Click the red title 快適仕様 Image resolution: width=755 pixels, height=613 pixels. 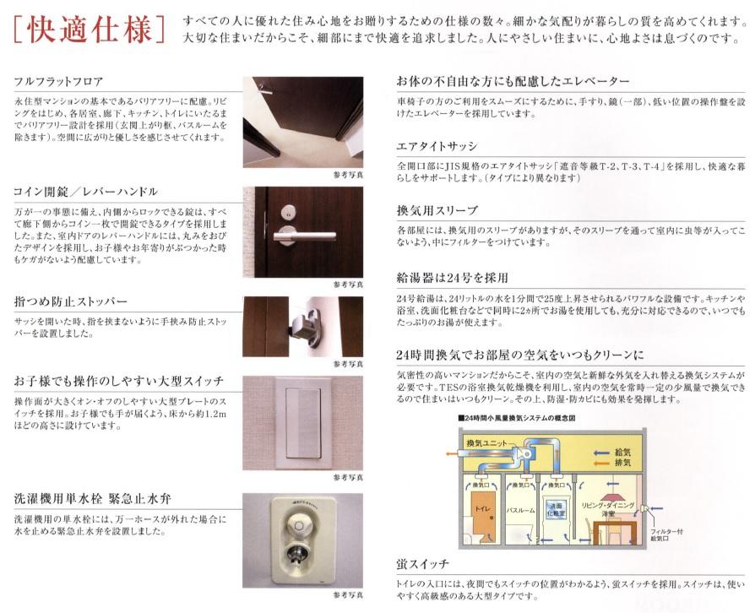tap(90, 30)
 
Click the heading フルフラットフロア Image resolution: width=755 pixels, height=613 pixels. tap(58, 81)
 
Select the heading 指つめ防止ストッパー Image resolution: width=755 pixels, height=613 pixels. tap(70, 301)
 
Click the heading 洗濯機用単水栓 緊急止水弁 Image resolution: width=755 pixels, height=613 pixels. tap(92, 498)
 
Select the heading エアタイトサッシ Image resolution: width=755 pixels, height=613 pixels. tap(437, 146)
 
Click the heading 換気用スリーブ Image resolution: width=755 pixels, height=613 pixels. tap(437, 210)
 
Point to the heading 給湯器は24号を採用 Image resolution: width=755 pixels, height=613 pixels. tap(452, 278)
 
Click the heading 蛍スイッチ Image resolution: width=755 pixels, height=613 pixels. tap(423, 563)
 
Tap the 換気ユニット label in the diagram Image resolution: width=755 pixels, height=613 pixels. tap(486, 443)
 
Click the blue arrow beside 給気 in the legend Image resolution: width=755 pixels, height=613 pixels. tap(602, 453)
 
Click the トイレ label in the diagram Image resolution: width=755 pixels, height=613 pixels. tap(482, 508)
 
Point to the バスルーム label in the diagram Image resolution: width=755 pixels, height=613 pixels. tap(520, 510)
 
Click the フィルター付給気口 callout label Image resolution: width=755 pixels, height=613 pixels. tap(666, 535)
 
